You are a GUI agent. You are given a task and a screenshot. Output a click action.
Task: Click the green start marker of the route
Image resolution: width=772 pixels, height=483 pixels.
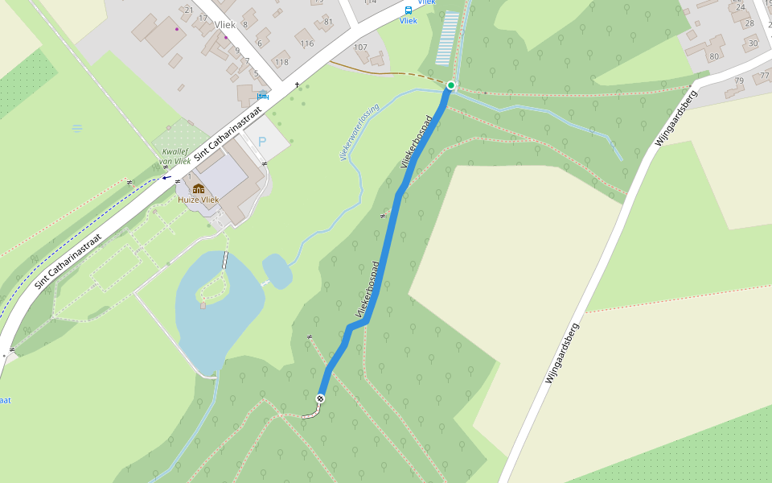pos(451,85)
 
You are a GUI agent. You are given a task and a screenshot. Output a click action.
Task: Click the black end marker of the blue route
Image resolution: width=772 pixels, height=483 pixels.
pos(320,398)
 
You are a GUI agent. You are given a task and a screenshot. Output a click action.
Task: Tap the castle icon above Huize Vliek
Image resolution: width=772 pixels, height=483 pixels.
pos(199,188)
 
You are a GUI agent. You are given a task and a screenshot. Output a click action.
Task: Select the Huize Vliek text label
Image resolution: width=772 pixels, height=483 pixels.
pos(199,200)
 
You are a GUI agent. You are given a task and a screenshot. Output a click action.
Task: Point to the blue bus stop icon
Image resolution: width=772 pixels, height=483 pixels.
pos(409,10)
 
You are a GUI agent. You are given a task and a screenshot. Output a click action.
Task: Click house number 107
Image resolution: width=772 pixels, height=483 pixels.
pos(360,47)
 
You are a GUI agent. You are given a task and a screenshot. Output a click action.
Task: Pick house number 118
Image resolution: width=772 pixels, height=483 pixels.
pos(281,62)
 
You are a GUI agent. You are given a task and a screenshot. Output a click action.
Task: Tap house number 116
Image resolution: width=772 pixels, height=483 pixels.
pos(306,43)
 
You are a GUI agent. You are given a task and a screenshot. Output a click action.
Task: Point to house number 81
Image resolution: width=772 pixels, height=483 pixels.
pos(328,22)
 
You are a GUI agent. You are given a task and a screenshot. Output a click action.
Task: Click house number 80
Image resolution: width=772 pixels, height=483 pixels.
pos(713,56)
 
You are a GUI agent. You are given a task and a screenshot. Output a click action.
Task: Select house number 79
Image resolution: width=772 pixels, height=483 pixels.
pos(739,80)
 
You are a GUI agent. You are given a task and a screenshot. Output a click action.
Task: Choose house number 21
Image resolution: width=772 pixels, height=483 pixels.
pos(190,10)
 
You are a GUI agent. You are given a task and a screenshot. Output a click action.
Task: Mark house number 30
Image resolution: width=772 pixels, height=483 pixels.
pos(753,43)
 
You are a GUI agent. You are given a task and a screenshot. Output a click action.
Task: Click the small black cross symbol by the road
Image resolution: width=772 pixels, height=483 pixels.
pos(297,85)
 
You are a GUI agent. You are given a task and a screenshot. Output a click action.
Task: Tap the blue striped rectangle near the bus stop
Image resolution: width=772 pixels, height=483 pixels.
pos(448,38)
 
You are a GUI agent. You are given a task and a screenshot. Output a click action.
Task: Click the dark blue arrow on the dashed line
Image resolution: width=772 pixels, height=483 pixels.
pos(166,178)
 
